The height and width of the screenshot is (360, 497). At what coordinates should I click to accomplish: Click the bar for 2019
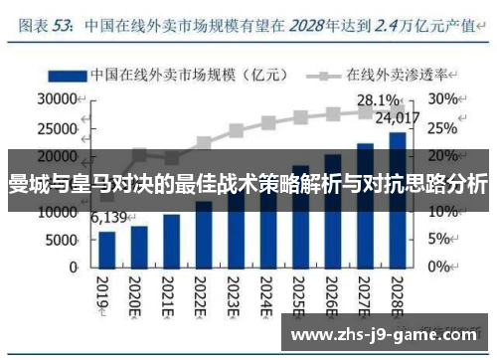107,249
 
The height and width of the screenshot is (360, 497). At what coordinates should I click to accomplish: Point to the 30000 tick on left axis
57,99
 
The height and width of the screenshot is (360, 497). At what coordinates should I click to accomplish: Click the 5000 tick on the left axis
62,241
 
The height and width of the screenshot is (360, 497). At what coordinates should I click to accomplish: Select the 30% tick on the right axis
444,99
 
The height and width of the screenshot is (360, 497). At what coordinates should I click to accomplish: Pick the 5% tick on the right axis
441,241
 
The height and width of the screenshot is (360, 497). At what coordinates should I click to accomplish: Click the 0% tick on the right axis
441,269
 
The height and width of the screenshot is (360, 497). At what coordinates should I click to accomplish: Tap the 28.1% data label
378,100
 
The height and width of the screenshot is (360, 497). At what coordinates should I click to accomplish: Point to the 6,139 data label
107,217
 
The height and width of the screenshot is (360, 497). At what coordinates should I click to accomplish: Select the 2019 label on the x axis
102,292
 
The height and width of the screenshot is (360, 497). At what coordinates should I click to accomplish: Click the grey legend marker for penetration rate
321,75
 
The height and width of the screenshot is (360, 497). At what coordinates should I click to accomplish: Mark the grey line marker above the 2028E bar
397,110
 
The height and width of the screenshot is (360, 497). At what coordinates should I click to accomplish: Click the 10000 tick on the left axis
57,213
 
